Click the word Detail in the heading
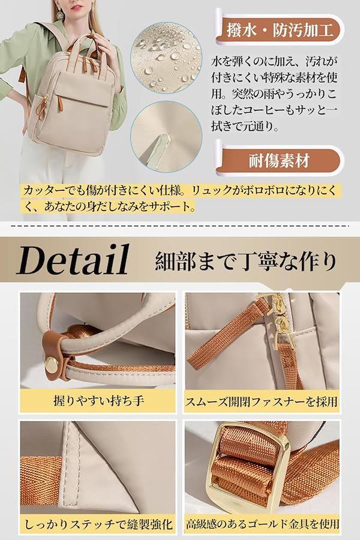coord(73,260)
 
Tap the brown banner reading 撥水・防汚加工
coord(280,31)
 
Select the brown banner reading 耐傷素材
coord(280,161)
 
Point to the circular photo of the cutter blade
coord(166,137)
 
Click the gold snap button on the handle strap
coord(52,362)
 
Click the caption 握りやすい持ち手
coord(98,401)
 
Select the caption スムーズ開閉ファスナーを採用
coord(262,401)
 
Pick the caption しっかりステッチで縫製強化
coord(98,524)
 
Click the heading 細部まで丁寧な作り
coord(245,261)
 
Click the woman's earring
coord(59,13)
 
